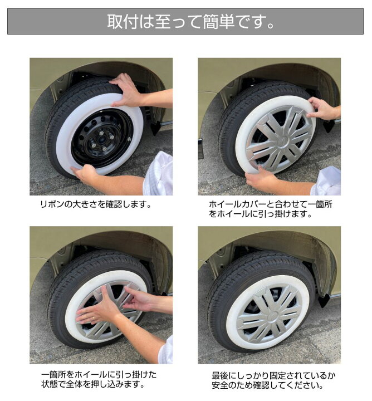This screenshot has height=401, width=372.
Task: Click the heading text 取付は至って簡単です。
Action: (185, 22)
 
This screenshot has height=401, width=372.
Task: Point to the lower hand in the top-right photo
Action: (262, 179)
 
